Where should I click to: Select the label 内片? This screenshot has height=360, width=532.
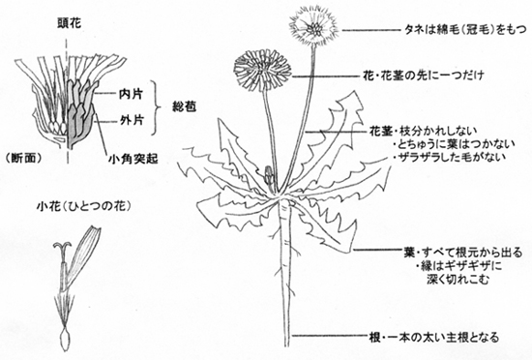click(131, 94)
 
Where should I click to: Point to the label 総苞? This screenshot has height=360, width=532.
click(174, 107)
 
